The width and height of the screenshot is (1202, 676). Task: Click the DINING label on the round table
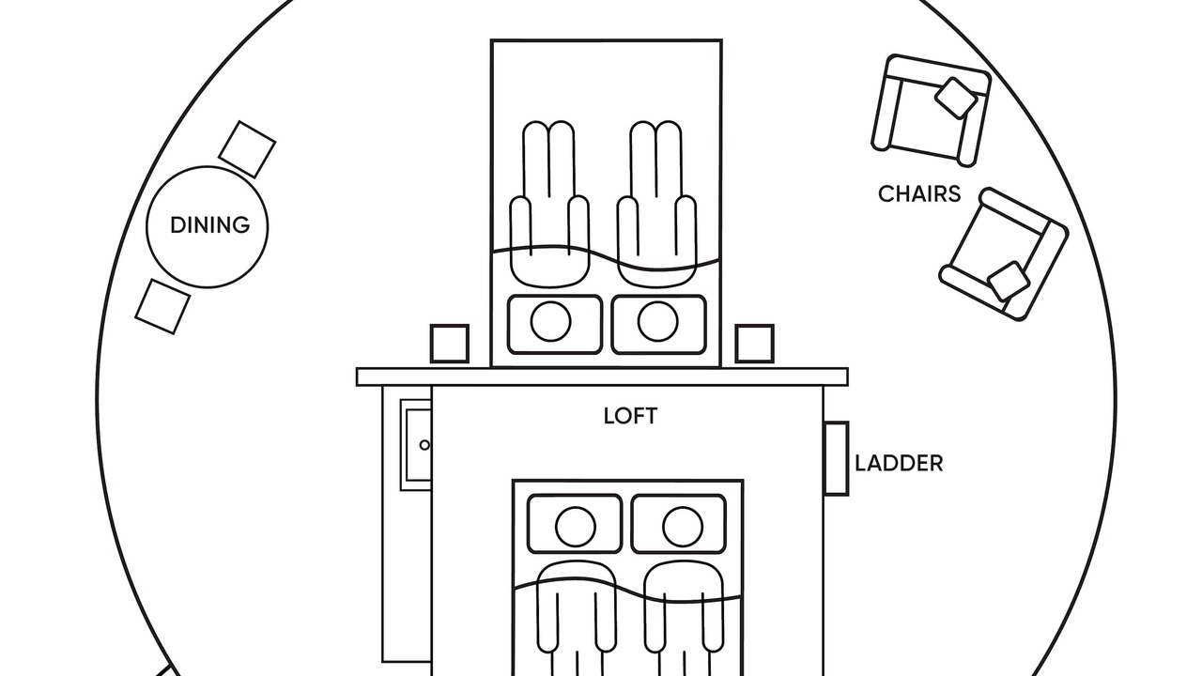point(209,225)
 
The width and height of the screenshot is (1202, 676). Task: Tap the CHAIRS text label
point(919,193)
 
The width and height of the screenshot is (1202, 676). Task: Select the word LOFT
point(630,416)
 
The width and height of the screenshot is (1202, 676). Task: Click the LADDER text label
point(899,463)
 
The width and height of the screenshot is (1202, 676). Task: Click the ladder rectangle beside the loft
point(836,458)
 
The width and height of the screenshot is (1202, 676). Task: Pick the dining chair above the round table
point(247,148)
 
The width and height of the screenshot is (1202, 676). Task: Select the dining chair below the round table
point(163,305)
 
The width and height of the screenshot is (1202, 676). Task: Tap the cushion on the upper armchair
point(956,98)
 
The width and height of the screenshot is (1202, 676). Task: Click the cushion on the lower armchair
point(1009,280)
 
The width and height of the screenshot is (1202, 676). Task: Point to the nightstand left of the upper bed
point(449,344)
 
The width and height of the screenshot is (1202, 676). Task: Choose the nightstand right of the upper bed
point(754,344)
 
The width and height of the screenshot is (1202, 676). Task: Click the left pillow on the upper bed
point(554,324)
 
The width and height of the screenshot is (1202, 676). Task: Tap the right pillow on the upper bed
point(658,324)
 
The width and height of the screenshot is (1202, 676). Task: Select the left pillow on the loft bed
point(575,524)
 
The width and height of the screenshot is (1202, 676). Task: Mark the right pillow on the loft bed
point(679,524)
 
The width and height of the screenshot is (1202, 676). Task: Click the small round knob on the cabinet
point(424,445)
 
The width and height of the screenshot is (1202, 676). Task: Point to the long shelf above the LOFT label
point(602,376)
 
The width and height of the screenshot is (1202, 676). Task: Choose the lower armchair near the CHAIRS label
point(1003,253)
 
